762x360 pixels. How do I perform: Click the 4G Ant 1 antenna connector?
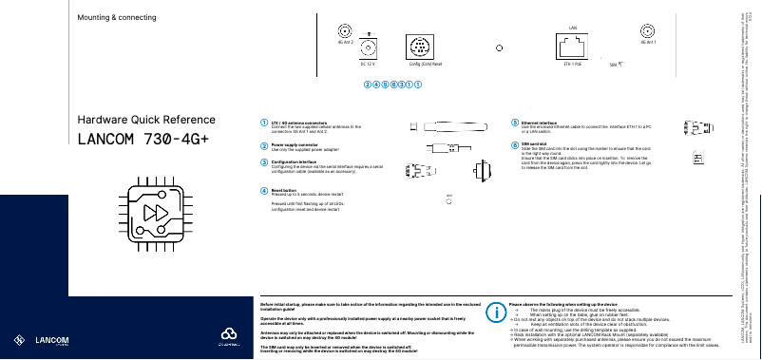(x=649, y=31)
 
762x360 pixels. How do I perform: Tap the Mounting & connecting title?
(x=116, y=18)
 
